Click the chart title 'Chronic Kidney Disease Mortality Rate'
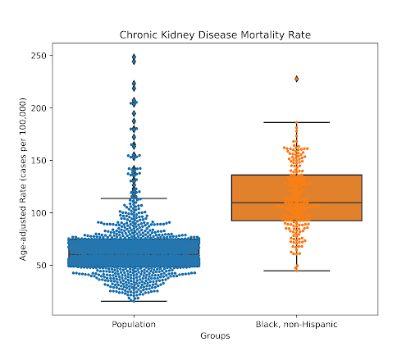pos(215,35)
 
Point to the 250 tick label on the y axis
pos(39,56)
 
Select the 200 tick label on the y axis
pos(39,108)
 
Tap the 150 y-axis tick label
pos(39,161)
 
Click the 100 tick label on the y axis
pos(39,213)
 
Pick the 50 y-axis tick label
pos(41,266)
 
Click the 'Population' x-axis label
pos(134,325)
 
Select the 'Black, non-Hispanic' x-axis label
pos(296,325)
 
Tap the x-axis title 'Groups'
pos(215,336)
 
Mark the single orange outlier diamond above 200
pos(296,79)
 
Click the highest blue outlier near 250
pos(134,57)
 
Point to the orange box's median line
pos(297,203)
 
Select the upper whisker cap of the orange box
pos(297,122)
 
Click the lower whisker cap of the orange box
pos(297,271)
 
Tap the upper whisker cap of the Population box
pos(134,198)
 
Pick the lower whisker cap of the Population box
pos(134,301)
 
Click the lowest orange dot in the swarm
pos(296,271)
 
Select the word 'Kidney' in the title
pos(178,35)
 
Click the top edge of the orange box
pos(297,175)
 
